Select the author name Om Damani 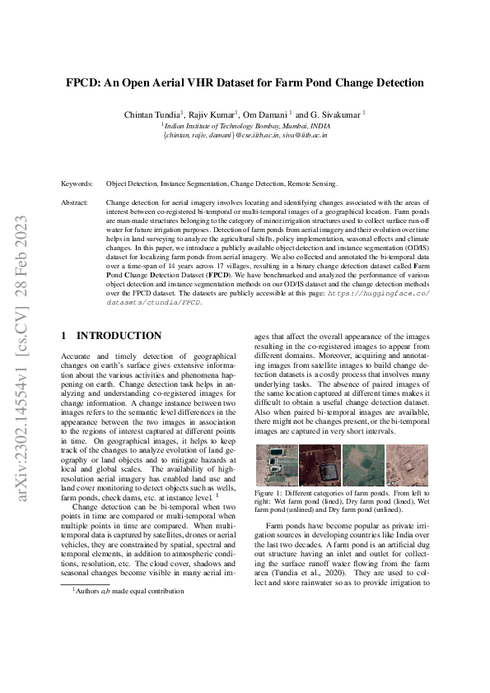pyautogui.click(x=265, y=113)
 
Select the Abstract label pyautogui.click(x=75, y=202)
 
